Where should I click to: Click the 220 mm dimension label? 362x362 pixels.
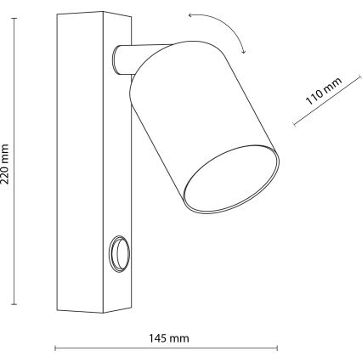5,164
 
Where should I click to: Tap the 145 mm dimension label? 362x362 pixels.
169,338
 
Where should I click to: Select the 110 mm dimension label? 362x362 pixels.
324,91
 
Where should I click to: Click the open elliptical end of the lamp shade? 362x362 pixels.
231,179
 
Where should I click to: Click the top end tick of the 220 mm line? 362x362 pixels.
14,18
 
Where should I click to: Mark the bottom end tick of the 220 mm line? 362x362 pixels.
14,304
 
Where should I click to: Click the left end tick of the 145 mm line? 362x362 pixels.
55,348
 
